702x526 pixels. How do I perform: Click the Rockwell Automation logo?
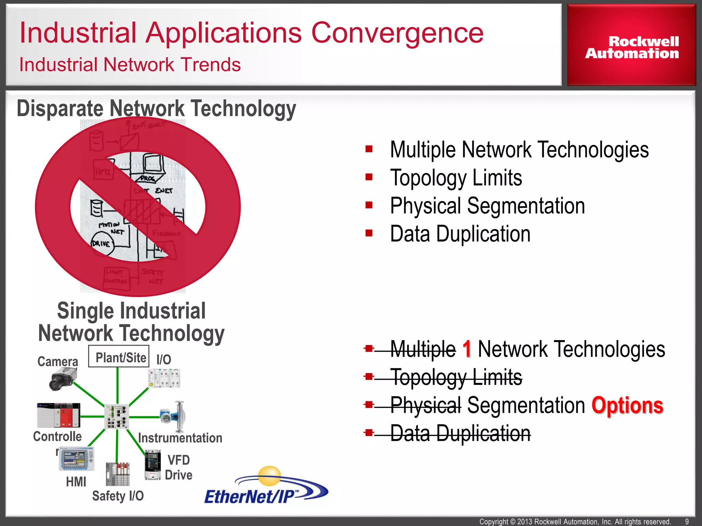[x=632, y=47]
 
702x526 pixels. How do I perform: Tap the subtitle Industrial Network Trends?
[x=130, y=64]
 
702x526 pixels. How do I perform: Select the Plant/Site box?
[x=119, y=357]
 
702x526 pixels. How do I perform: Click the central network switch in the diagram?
[x=117, y=416]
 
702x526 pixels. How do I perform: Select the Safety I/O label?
[x=118, y=496]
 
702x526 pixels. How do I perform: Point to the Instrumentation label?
[x=180, y=438]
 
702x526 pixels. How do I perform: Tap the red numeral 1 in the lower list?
[x=467, y=349]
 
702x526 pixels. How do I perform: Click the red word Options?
[x=627, y=405]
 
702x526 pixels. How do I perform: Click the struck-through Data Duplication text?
[x=460, y=434]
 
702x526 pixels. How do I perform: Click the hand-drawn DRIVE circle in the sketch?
[x=102, y=243]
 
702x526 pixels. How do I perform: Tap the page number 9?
[x=687, y=522]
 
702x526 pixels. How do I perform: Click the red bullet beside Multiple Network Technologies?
[x=369, y=149]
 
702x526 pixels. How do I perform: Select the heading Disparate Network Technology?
[x=156, y=109]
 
